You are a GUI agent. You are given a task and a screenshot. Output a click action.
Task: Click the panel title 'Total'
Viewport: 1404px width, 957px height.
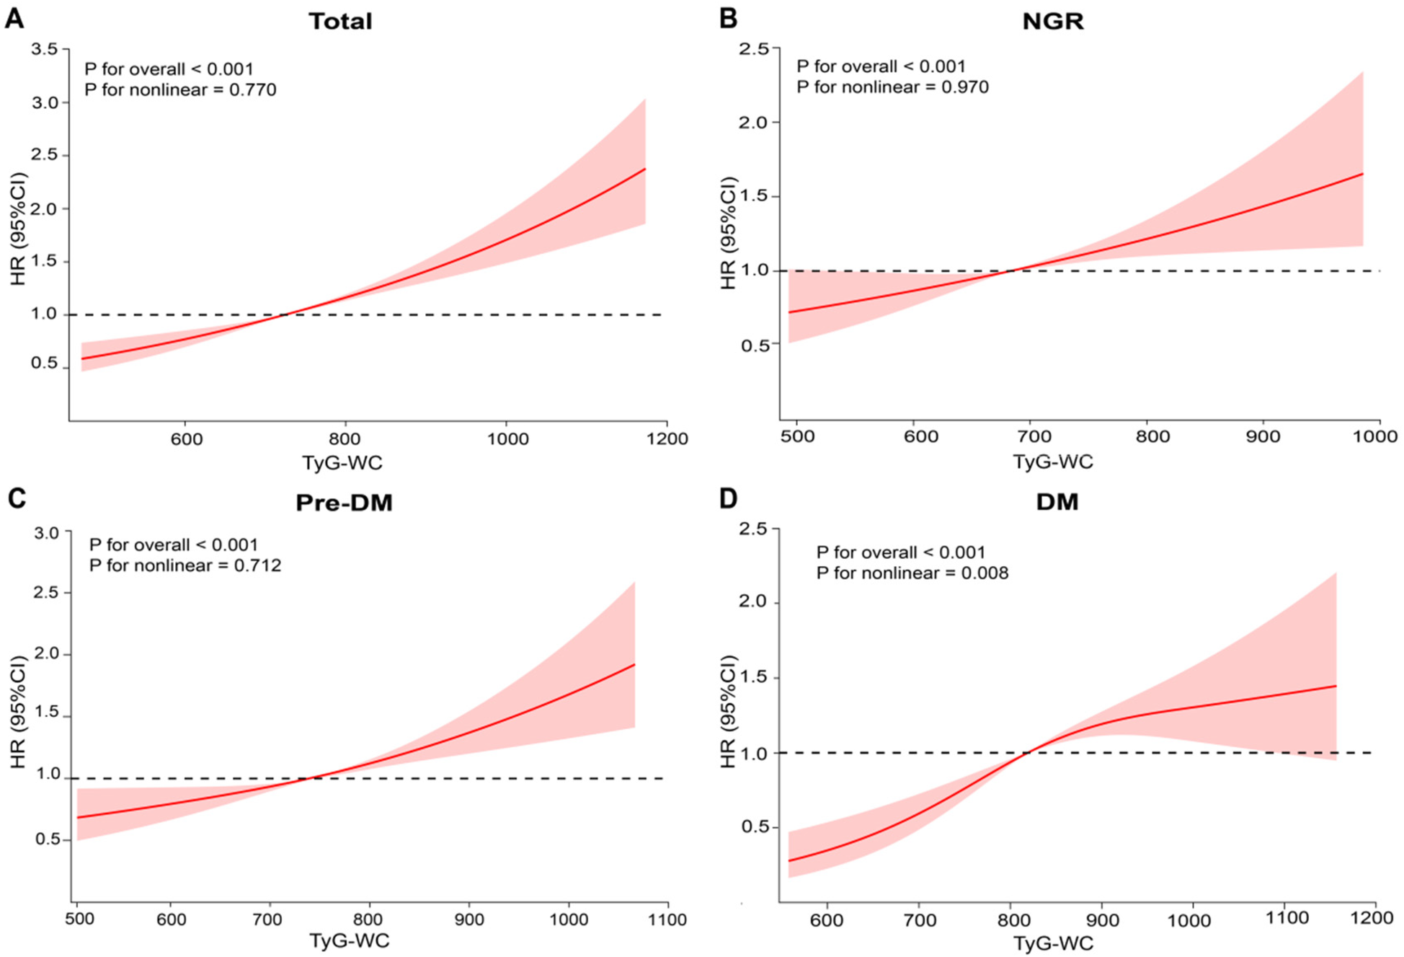[x=340, y=21]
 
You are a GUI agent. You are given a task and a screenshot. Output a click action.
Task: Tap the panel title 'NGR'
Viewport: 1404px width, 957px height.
[x=1052, y=21]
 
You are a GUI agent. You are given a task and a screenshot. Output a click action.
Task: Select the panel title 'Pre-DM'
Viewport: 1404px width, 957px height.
[x=344, y=502]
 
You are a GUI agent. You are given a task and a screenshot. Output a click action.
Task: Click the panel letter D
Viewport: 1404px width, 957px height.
[x=728, y=498]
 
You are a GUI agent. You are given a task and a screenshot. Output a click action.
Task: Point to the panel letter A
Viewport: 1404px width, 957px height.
[x=14, y=18]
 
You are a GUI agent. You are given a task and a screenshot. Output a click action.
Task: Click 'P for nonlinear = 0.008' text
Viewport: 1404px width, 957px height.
[x=912, y=573]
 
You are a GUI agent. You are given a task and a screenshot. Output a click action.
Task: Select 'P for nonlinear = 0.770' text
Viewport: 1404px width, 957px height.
[x=180, y=90]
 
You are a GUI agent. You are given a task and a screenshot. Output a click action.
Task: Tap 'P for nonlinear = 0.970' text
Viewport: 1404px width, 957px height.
[x=892, y=87]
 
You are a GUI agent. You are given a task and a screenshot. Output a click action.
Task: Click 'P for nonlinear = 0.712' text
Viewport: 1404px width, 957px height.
[x=185, y=565]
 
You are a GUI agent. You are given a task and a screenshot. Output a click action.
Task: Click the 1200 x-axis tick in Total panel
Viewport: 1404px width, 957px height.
[x=667, y=438]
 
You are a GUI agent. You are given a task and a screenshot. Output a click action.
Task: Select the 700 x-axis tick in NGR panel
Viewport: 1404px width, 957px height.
[x=1030, y=436]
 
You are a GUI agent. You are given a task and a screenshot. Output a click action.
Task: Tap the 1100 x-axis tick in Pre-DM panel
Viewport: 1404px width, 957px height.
[x=667, y=919]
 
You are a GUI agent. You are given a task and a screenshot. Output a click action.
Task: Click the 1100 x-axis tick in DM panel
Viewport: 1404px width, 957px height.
[x=1287, y=917]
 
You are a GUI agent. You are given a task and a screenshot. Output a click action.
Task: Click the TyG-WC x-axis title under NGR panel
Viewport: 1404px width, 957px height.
[x=1052, y=462]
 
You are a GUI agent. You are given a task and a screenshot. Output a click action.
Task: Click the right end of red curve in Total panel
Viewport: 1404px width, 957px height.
[x=644, y=169]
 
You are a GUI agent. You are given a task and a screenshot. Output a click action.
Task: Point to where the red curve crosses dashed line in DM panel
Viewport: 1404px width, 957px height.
[x=1025, y=753]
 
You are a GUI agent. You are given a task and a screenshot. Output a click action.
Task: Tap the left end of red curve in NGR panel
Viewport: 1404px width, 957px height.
[x=789, y=312]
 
